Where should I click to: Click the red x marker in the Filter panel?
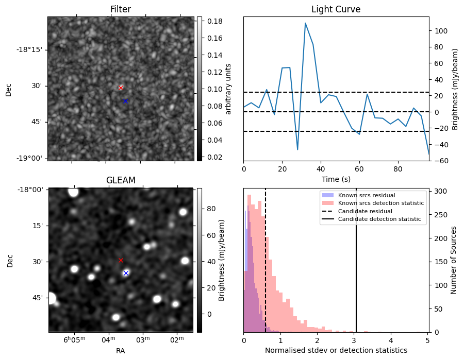tap(121, 88)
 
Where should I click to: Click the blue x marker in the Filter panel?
tap(125, 101)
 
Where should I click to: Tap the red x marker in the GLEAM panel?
tap(121, 260)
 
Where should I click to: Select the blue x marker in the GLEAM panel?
tap(126, 273)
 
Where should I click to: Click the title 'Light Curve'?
tap(336, 9)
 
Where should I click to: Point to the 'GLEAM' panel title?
tap(121, 180)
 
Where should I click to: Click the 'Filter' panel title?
tap(121, 9)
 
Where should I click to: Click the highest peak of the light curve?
tap(305, 23)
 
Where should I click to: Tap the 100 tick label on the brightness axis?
tap(441, 31)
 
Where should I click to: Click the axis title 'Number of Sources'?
tap(454, 259)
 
